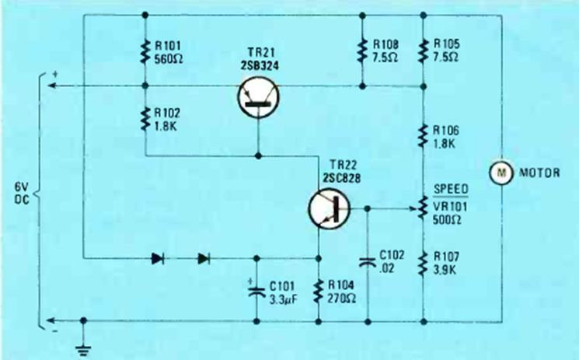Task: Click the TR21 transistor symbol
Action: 258,97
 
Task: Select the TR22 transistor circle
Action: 329,208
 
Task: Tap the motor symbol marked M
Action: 501,173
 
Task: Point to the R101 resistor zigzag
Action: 145,52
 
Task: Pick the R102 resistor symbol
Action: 145,119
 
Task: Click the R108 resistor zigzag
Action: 362,51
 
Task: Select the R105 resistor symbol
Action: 423,51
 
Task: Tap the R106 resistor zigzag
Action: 423,136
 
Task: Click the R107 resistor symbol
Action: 423,263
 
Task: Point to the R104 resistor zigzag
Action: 319,292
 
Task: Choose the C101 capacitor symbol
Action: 257,290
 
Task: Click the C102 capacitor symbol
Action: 368,262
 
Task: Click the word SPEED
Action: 451,189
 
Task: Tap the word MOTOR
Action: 539,173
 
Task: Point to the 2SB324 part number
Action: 260,65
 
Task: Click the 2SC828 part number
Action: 341,178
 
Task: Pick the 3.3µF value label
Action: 283,299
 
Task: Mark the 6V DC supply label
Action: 22,193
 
